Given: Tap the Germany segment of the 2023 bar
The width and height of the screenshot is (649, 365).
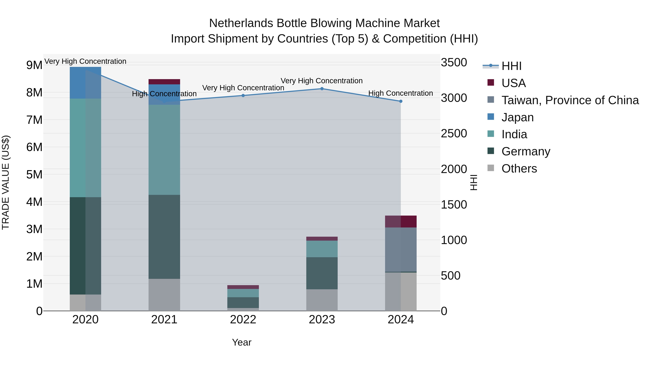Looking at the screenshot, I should tap(322, 273).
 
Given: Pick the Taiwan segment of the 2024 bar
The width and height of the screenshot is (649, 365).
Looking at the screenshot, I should tap(401, 249).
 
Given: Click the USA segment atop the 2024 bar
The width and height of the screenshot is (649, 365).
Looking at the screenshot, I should tap(401, 221).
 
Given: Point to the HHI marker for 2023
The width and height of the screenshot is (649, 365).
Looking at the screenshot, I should tap(322, 89).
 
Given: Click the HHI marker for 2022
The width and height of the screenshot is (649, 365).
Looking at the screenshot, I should tap(243, 96).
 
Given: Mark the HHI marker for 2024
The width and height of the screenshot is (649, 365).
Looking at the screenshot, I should tap(401, 101).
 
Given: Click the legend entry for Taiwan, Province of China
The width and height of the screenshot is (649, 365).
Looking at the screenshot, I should tap(570, 100).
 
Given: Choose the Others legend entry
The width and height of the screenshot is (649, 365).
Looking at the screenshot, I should tap(519, 169).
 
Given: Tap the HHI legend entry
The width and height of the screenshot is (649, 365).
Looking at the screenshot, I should tap(511, 66).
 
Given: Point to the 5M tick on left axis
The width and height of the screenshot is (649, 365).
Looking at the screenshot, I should tap(34, 174).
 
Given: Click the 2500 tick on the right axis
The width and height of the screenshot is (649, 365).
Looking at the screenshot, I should tap(454, 134).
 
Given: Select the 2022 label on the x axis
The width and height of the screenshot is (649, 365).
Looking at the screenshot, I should tap(243, 320).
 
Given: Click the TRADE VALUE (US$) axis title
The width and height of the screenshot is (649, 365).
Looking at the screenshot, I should tap(6, 182).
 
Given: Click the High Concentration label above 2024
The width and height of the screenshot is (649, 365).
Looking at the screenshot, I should tap(400, 93).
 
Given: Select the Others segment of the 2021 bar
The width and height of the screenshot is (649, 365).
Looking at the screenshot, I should tap(164, 295).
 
